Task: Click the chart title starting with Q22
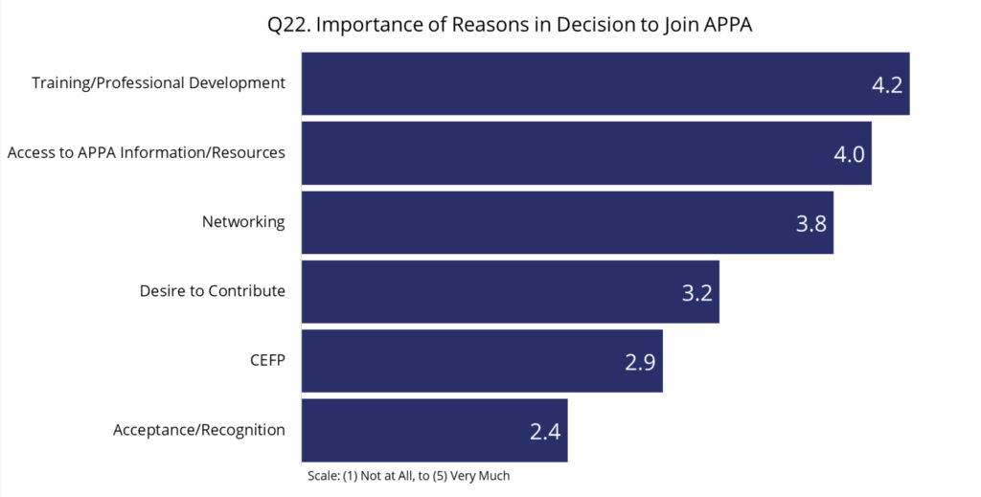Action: [510, 26]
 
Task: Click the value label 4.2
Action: [886, 84]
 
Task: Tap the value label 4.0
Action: [849, 154]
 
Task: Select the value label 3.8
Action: [810, 223]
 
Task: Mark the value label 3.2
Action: [696, 293]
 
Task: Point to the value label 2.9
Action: [640, 362]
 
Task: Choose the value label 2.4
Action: [544, 431]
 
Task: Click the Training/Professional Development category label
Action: [158, 83]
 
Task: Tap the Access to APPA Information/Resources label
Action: [146, 152]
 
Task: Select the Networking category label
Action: [243, 222]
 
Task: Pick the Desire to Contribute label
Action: [212, 291]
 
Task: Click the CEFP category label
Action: [267, 360]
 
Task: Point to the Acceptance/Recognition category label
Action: [198, 430]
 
